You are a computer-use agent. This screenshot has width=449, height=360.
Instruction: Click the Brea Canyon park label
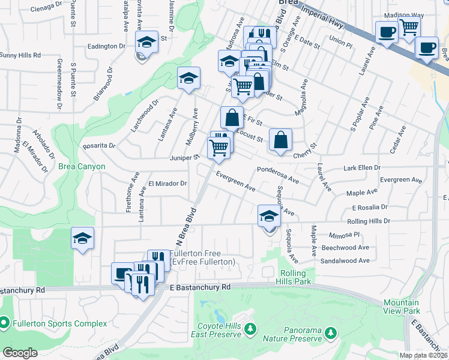point(82,166)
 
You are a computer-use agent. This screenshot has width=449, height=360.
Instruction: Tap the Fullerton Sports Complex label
point(58,324)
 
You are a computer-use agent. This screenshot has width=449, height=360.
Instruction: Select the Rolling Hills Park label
point(296,277)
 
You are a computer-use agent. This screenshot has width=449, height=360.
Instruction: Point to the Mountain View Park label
point(402,307)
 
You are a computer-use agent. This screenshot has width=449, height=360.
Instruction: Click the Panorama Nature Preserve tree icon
point(330,332)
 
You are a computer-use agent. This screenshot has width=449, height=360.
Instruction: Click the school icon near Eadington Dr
point(146,43)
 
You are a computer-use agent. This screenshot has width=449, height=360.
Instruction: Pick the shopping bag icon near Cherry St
point(280,140)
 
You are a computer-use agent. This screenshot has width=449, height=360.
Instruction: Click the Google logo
point(20,353)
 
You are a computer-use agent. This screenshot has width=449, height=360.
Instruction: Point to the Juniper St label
point(185,157)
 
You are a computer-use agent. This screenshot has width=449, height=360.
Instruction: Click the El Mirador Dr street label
point(167,184)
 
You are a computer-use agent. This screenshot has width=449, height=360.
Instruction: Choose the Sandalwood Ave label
point(345,261)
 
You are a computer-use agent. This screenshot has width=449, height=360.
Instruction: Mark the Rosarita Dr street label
point(99,145)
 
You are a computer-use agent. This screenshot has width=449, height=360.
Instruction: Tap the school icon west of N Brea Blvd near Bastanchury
point(82,239)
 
